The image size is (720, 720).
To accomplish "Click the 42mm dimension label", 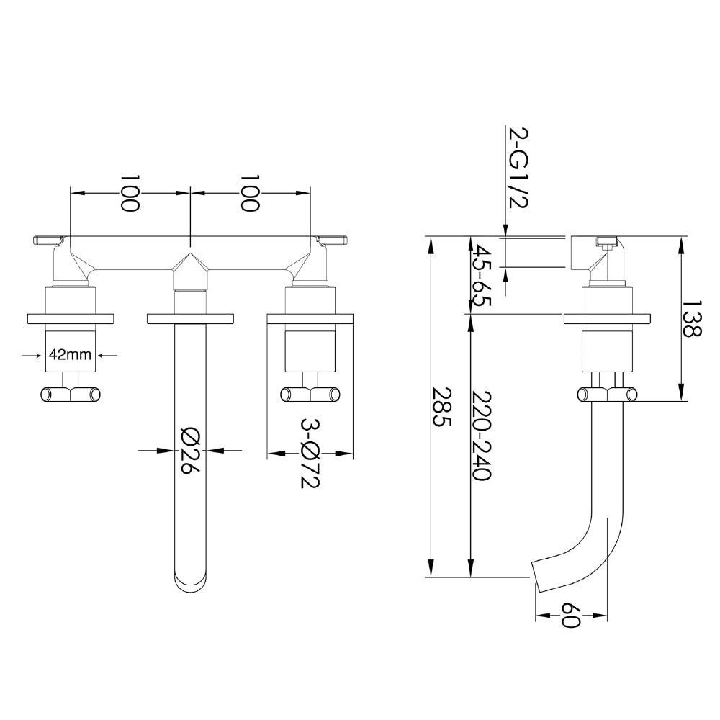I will tap(69, 354).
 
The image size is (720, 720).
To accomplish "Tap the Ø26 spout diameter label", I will tap(189, 449).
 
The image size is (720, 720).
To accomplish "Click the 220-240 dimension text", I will tap(481, 436).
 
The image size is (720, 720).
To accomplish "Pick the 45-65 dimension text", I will tap(481, 276).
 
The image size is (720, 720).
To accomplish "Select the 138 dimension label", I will tap(690, 319).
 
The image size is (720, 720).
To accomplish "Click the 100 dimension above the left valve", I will tap(130, 192).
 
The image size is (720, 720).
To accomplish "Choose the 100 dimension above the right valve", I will tap(250, 192).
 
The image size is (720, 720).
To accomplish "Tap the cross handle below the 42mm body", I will tap(70, 394).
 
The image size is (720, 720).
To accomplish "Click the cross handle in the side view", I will tap(607, 394).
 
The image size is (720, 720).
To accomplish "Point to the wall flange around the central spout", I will tap(190, 318).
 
